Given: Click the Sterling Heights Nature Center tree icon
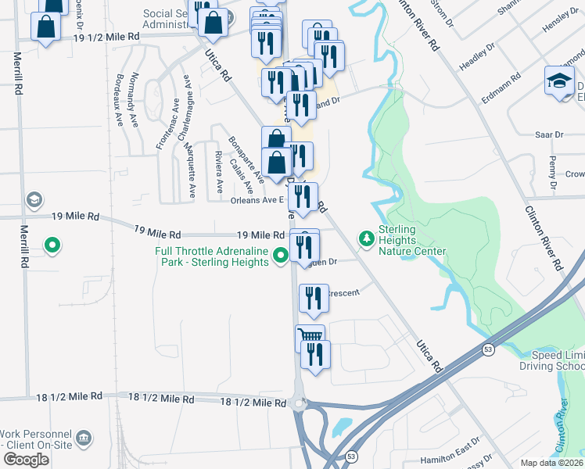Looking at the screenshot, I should click(x=364, y=237).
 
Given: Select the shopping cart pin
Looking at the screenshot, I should click(x=310, y=338).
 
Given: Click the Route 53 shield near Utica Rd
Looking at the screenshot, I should click(x=487, y=349).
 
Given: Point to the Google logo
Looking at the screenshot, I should click(x=26, y=459).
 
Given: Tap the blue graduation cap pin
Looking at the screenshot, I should click(x=560, y=81).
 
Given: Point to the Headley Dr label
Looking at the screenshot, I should click(x=477, y=62).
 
